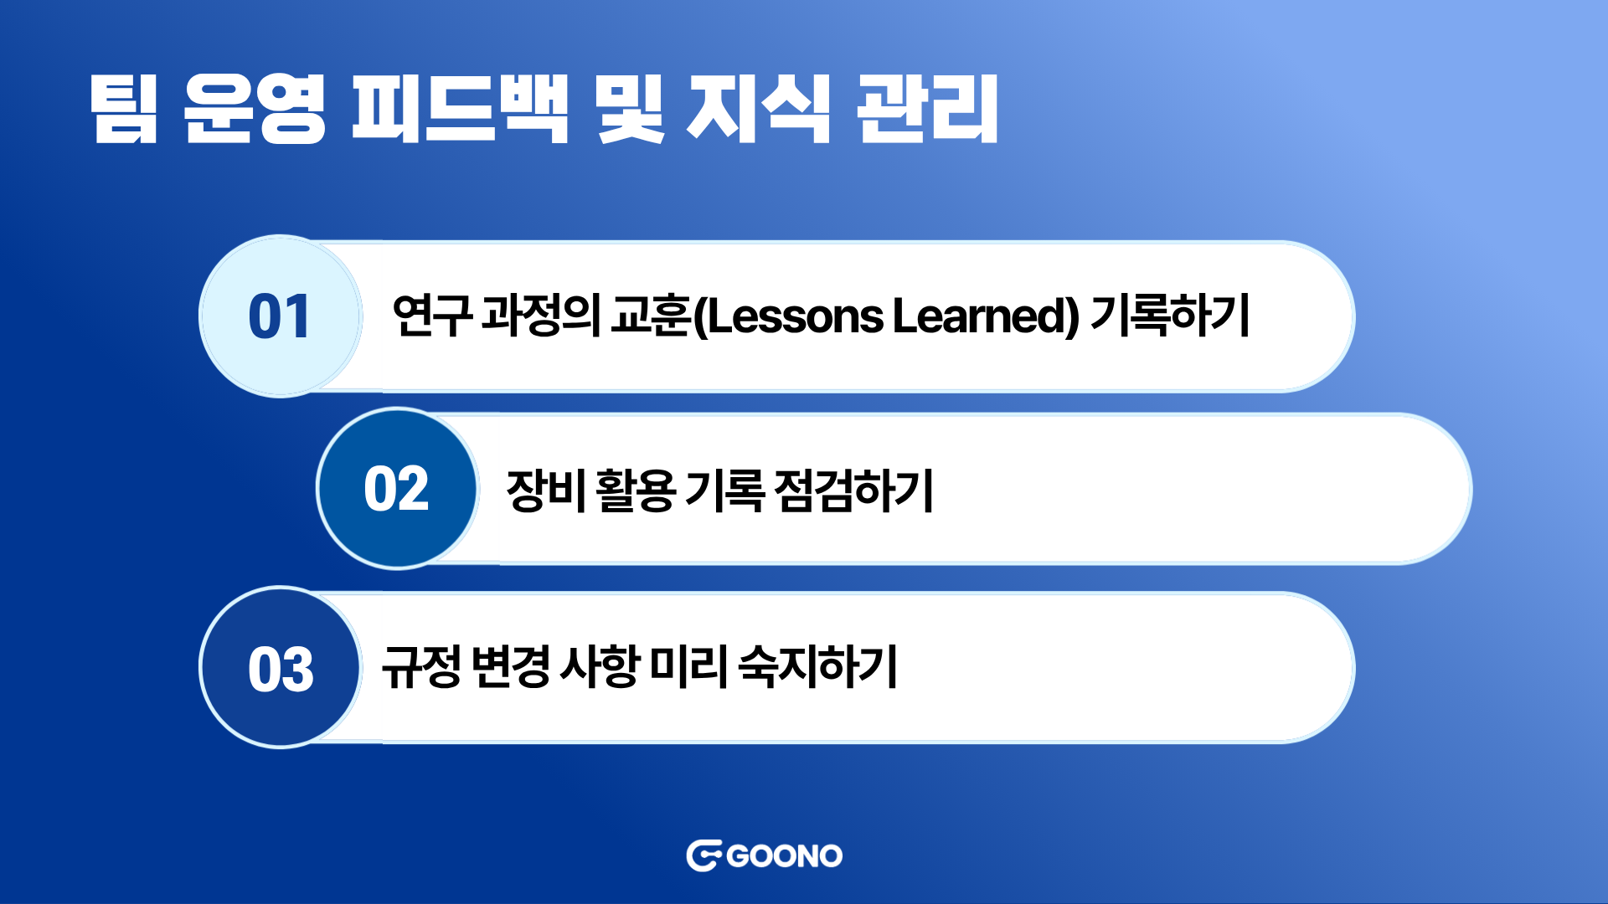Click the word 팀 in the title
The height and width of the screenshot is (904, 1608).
(x=124, y=109)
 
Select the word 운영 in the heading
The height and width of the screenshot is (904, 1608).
(x=254, y=109)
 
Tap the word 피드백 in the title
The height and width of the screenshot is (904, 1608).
(x=460, y=109)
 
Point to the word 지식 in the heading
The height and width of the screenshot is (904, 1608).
(x=759, y=109)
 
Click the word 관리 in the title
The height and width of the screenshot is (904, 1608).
(x=928, y=109)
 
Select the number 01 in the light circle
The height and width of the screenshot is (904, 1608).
(x=280, y=316)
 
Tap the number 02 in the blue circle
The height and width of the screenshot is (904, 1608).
(x=396, y=489)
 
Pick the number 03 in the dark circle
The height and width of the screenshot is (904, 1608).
(x=281, y=670)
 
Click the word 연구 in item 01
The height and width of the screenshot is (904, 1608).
(x=432, y=316)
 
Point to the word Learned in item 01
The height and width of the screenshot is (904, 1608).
(x=980, y=316)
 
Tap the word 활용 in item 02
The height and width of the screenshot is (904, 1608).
(x=636, y=490)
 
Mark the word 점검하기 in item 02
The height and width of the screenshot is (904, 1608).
(x=853, y=490)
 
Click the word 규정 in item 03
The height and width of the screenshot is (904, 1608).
(x=422, y=666)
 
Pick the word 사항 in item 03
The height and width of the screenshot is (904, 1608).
(x=600, y=666)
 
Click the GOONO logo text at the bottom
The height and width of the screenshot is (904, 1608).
(x=785, y=856)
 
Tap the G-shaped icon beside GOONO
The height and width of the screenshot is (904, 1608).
(x=704, y=855)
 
